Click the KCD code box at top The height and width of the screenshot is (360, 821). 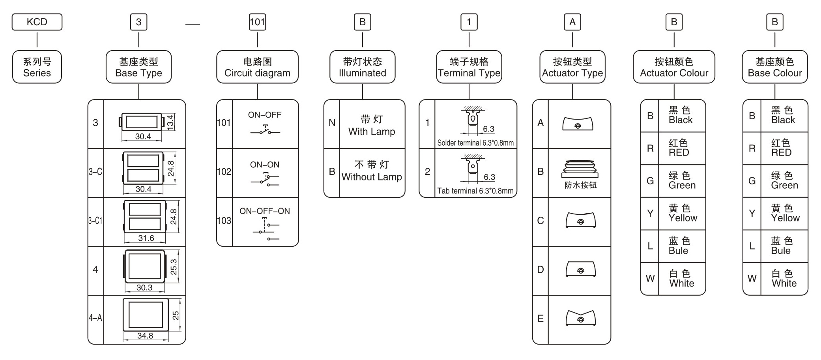click(37, 22)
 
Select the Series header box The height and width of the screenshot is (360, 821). click(37, 67)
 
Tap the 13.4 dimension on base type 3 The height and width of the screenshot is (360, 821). click(170, 122)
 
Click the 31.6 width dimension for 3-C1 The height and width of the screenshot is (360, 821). click(146, 238)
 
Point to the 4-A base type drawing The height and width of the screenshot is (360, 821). click(146, 315)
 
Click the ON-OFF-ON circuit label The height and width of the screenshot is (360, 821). click(264, 211)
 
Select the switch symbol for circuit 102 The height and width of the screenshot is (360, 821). click(265, 180)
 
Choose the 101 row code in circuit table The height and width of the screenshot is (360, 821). click(224, 123)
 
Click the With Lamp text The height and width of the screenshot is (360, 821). click(371, 131)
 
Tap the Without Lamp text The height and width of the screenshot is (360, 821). click(371, 177)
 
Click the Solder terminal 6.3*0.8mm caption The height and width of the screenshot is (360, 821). click(475, 143)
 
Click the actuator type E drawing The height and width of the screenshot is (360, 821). click(580, 318)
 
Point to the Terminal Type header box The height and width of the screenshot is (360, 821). click(469, 67)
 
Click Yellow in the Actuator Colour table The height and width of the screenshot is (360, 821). click(683, 218)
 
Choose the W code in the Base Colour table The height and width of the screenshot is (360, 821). click(752, 278)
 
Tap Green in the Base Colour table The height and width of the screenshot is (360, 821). click(784, 185)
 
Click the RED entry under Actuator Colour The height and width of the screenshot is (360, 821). click(679, 152)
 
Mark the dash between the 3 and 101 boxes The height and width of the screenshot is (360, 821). click(193, 25)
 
